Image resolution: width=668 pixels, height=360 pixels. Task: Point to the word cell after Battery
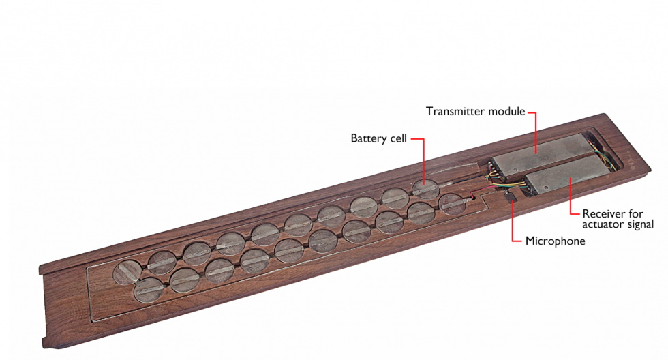[x=400, y=138]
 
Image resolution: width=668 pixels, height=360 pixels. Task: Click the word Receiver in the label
[x=605, y=213]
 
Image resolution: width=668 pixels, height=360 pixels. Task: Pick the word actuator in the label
[x=603, y=224]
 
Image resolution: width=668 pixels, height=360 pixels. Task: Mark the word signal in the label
[x=640, y=224]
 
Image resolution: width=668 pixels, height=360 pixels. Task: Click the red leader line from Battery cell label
[x=424, y=160]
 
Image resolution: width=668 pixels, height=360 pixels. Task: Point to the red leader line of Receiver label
[x=571, y=201]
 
